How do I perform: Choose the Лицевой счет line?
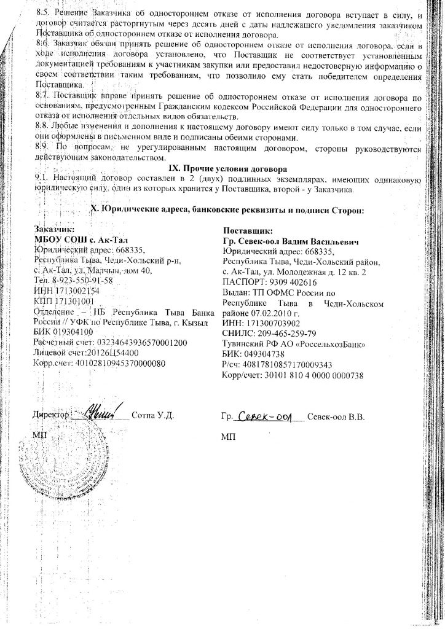(83, 353)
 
